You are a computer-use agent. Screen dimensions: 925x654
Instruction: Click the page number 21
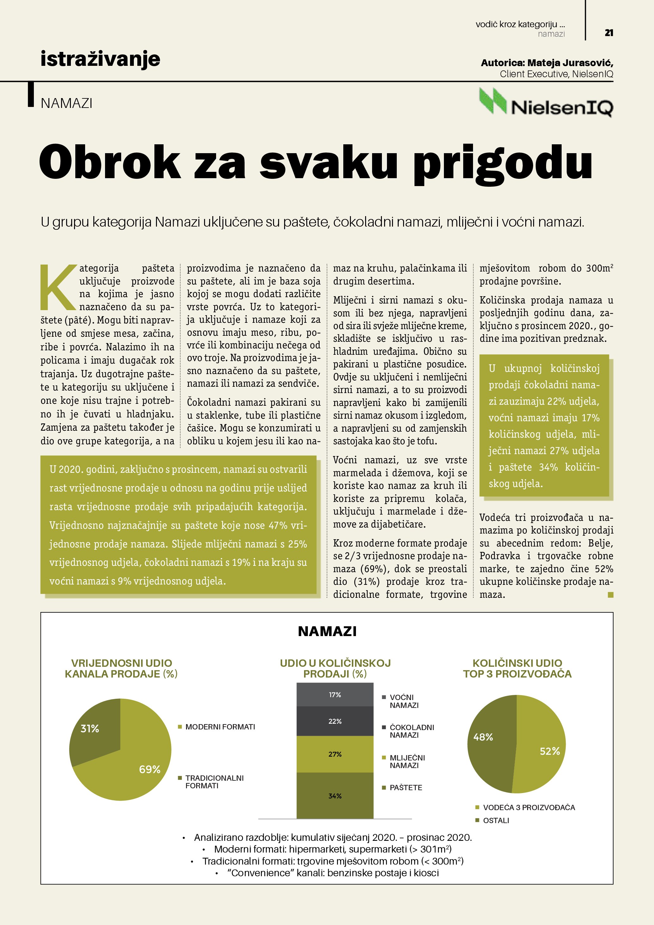coord(608,33)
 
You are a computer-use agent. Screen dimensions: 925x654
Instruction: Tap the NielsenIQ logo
coord(546,103)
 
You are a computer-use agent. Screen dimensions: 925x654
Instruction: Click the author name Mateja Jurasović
coord(570,63)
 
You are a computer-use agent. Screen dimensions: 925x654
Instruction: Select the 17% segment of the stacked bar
coord(335,695)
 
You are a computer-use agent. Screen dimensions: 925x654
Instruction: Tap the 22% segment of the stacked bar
coord(335,721)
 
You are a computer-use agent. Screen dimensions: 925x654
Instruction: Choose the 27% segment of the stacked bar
coord(335,754)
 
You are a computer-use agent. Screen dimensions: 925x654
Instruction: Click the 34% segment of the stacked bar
coord(335,796)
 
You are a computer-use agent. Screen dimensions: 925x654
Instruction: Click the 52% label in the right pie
coord(550,751)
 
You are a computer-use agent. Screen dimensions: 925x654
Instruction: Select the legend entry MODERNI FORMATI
coord(220,727)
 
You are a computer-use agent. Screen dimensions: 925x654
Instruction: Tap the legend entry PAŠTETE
coord(406,787)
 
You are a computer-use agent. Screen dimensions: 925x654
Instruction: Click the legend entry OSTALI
coord(496,820)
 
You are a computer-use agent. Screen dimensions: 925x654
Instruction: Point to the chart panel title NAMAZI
coord(327,631)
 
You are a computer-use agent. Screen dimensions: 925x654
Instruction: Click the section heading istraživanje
coord(100,59)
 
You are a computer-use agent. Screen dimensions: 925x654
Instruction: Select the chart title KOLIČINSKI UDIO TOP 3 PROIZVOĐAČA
coord(517,668)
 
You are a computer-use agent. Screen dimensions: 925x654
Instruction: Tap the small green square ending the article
coord(611,595)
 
